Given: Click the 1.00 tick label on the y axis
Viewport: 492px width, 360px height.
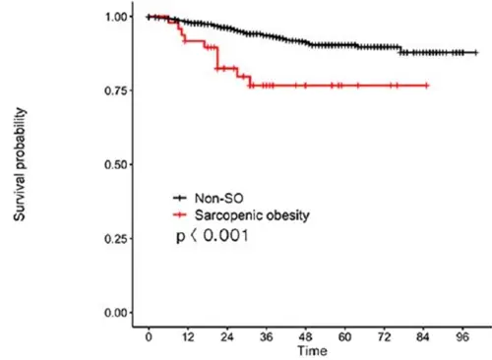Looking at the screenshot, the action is tap(116, 17).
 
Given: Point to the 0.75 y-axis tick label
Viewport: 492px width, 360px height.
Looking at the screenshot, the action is tap(116, 90).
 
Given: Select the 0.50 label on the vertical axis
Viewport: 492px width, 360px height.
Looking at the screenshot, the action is tap(116, 164).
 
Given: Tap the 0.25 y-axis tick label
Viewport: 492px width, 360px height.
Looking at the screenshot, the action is tap(116, 239).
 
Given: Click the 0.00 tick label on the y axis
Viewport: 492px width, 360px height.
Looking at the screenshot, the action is tap(116, 313).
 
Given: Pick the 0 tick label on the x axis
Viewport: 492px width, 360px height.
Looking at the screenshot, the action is tap(149, 337).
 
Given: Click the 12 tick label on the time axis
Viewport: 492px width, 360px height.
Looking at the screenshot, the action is tap(188, 337).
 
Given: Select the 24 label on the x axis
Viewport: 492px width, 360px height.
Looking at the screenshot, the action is tap(227, 337).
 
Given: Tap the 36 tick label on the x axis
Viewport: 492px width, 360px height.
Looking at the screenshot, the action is tap(267, 337).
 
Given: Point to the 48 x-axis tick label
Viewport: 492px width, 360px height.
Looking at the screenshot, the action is tap(306, 337).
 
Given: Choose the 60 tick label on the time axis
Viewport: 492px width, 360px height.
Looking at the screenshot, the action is tap(344, 337).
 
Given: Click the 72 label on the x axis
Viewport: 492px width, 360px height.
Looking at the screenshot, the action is tap(384, 337).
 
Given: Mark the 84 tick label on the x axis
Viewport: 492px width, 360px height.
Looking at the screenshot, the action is tap(423, 337).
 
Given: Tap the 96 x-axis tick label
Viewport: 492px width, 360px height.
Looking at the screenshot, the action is tap(462, 337).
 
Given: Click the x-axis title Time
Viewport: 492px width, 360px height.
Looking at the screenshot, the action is tap(312, 351).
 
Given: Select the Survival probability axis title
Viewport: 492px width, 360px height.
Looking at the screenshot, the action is tap(20, 164).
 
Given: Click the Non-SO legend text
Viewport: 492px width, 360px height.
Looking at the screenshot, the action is tap(219, 198).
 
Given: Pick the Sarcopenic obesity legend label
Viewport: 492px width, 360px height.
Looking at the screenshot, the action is tap(252, 215).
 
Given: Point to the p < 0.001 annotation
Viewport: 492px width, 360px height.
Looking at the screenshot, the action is tap(213, 235).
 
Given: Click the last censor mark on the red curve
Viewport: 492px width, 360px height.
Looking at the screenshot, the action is tap(427, 86).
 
